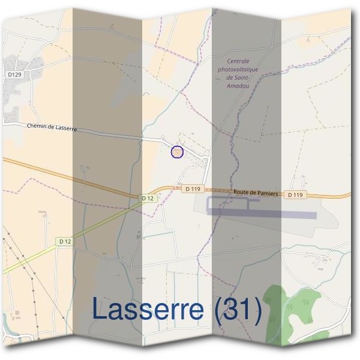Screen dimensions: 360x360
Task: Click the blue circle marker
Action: click(x=177, y=152)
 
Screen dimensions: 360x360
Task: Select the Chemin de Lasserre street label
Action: click(x=52, y=128)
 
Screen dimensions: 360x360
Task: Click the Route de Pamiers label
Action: click(x=256, y=193)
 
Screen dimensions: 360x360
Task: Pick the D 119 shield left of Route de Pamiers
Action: click(x=192, y=189)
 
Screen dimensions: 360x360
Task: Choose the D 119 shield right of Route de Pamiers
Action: click(x=296, y=195)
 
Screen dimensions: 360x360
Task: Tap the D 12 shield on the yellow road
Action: click(x=65, y=241)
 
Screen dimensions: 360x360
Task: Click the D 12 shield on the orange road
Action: click(x=148, y=198)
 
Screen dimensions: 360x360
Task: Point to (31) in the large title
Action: click(x=238, y=309)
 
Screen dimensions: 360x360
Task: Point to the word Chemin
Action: click(x=38, y=126)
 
